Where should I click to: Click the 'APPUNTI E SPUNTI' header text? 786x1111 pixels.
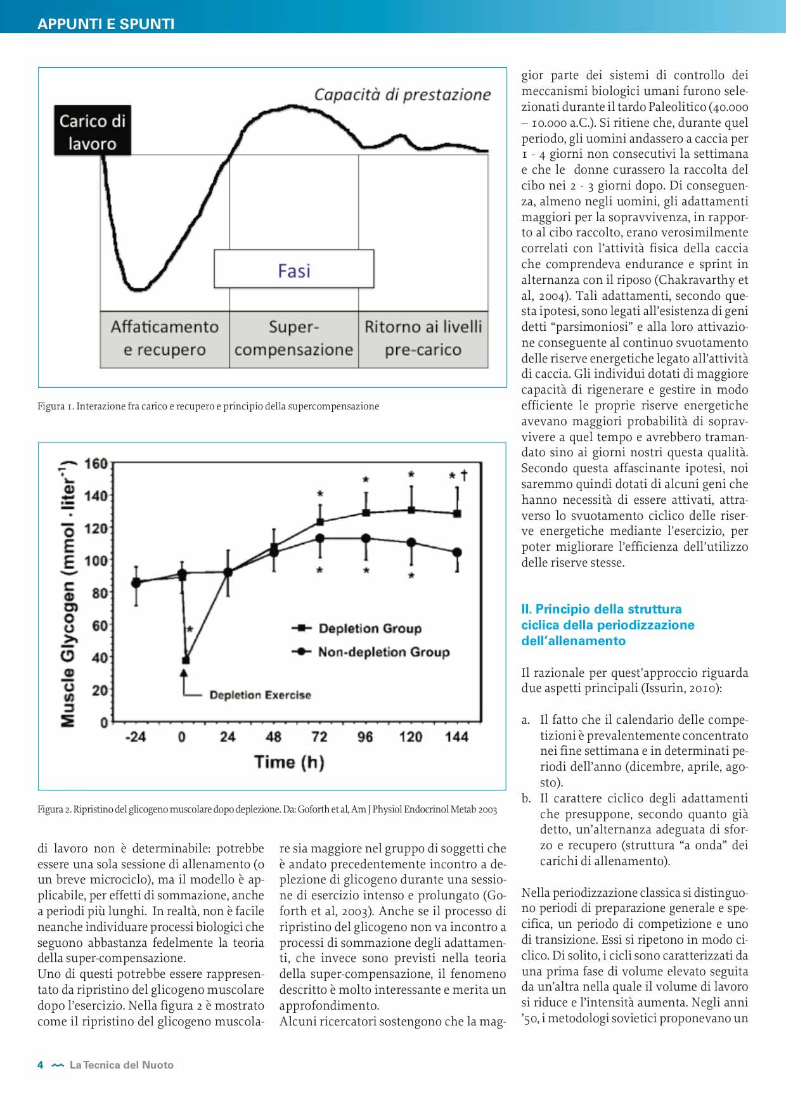pos(106,24)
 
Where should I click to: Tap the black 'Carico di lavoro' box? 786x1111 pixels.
pos(93,132)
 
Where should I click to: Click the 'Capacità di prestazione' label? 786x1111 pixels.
pos(403,95)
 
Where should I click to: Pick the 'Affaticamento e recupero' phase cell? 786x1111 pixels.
pos(165,338)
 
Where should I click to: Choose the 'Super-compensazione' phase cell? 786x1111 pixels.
pos(293,338)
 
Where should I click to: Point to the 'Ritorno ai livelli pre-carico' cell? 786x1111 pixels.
pos(423,338)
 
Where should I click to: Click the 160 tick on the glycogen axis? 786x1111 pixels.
pos(96,464)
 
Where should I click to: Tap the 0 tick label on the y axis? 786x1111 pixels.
pos(103,722)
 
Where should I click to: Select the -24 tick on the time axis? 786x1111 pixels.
pos(136,737)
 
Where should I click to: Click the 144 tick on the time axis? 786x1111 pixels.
pos(456,737)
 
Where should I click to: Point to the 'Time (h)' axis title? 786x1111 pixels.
pos(289,762)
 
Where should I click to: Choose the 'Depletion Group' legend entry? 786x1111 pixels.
pos(370,629)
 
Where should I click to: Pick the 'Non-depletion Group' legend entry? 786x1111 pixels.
pos(383,652)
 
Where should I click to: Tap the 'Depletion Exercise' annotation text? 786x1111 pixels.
pos(260,695)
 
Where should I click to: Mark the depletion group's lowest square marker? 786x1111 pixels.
pos(185,660)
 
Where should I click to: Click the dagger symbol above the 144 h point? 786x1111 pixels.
pos(465,475)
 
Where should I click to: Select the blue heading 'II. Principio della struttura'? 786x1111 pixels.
pos(602,609)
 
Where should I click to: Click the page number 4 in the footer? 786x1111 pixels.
pos(41,1065)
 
